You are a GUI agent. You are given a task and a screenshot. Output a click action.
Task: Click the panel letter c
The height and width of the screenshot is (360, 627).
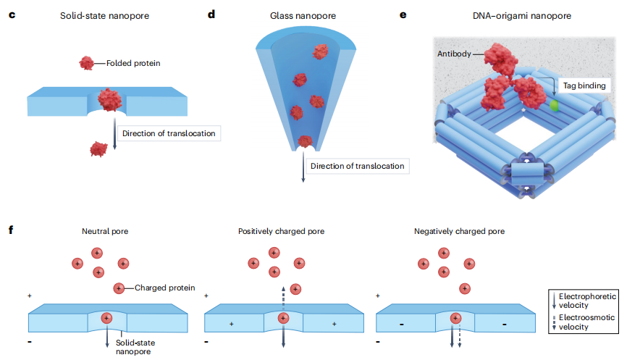pos(12,14)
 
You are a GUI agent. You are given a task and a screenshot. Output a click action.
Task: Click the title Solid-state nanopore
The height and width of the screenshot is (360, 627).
pos(105,15)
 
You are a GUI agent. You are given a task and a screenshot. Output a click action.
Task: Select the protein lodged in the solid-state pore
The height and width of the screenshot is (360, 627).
pos(109,99)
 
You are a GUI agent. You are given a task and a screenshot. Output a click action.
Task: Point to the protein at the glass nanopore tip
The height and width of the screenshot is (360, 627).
pos(305,142)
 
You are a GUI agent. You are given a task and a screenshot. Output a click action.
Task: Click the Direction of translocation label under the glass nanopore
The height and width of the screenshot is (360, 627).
pos(356,167)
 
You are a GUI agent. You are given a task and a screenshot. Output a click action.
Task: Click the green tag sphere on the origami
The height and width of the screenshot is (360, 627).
pos(555,106)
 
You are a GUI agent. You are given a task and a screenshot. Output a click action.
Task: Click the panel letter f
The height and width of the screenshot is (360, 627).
pos(11,231)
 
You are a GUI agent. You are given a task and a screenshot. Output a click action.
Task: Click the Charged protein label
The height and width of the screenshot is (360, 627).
pos(165,288)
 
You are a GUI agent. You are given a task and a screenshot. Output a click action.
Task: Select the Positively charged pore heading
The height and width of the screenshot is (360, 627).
pos(281,232)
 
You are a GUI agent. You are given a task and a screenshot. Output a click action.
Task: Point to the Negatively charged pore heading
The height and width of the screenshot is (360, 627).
pos(459,232)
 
